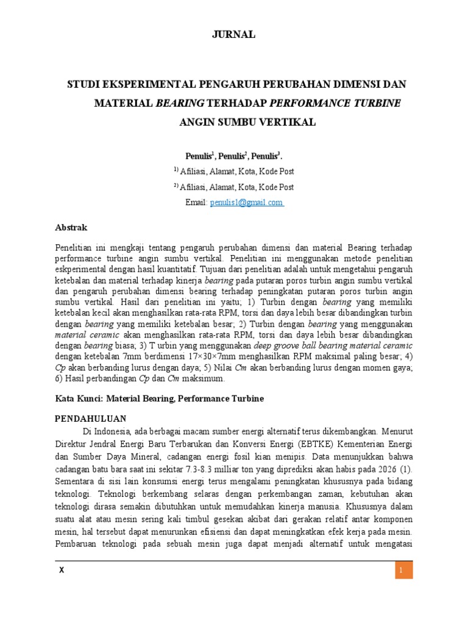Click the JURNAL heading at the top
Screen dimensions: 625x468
tap(233, 35)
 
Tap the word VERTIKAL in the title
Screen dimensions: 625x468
tap(289, 122)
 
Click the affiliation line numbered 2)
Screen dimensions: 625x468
tap(233, 187)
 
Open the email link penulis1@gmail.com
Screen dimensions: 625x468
tap(247, 203)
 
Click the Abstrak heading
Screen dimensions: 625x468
tap(71, 228)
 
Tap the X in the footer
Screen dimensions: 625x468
tap(61, 571)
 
